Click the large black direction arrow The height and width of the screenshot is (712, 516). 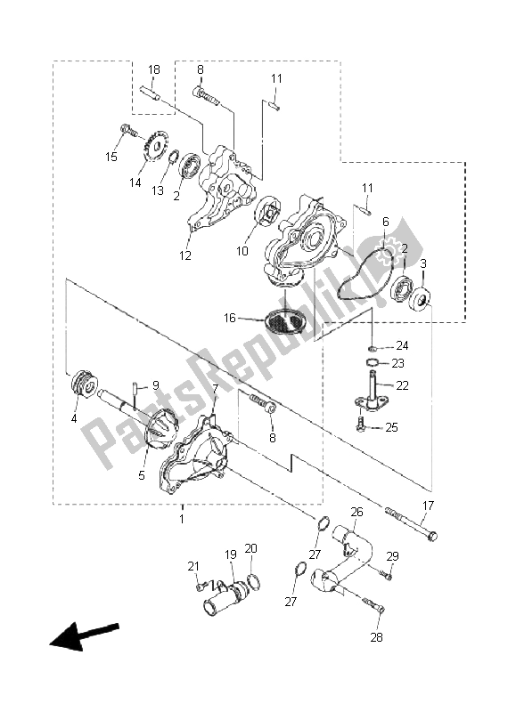[84, 635]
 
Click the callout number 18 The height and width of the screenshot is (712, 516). [154, 69]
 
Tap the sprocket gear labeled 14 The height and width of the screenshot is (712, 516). [153, 147]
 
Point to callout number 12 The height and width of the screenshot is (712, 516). [185, 255]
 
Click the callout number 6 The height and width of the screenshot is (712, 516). [386, 222]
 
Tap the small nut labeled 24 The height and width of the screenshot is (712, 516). [372, 348]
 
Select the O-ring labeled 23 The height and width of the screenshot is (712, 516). [372, 362]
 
